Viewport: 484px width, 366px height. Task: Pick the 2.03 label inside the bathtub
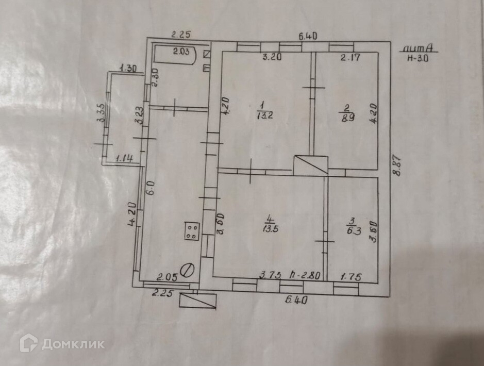tap(181, 51)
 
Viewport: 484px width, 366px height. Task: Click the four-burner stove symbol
tap(192, 230)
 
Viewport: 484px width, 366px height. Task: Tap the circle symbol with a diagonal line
tap(189, 270)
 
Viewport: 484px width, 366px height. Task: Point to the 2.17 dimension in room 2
tap(351, 57)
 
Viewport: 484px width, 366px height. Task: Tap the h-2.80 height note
tap(306, 275)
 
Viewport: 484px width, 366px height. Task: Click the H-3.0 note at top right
tap(418, 58)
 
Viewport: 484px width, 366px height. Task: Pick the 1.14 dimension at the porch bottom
tap(124, 159)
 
